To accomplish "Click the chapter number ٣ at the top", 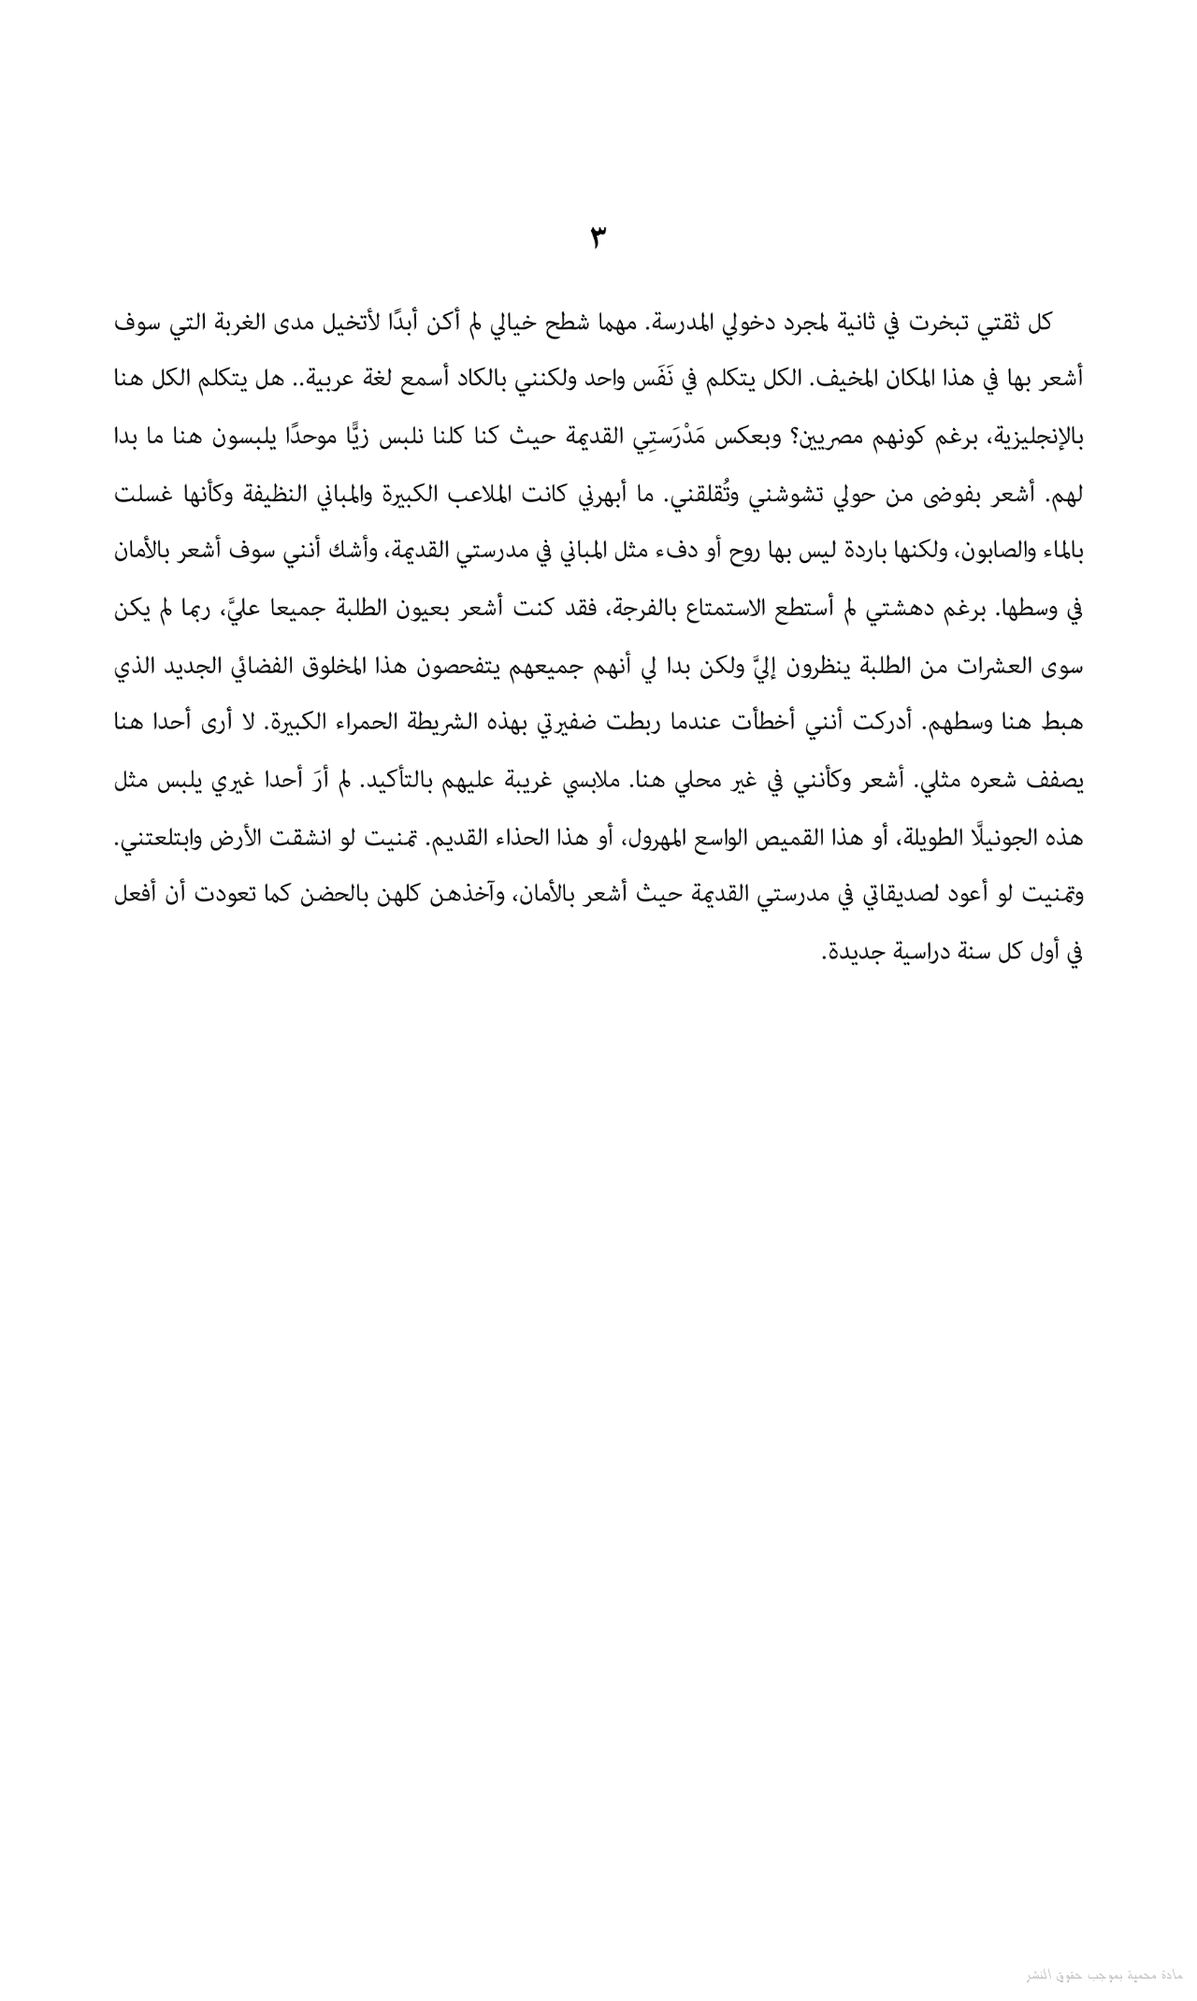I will (x=598, y=237).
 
